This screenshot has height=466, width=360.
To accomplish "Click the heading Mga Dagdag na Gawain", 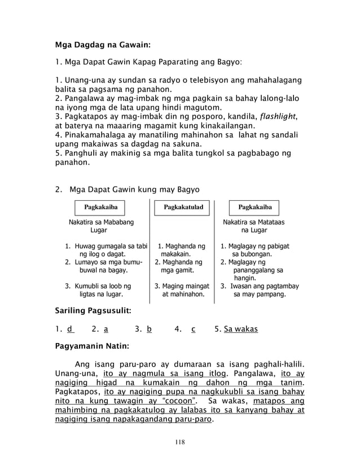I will [x=102, y=44].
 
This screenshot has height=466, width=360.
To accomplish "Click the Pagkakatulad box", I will [x=183, y=208].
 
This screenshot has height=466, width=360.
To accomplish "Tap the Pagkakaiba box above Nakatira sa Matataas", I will [x=254, y=208].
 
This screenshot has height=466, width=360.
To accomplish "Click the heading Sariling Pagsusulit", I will [x=93, y=311].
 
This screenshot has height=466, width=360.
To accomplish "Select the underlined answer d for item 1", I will [x=69, y=329].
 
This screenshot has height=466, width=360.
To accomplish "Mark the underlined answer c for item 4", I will [x=193, y=329].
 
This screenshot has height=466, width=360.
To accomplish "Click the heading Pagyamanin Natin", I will [x=91, y=345].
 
